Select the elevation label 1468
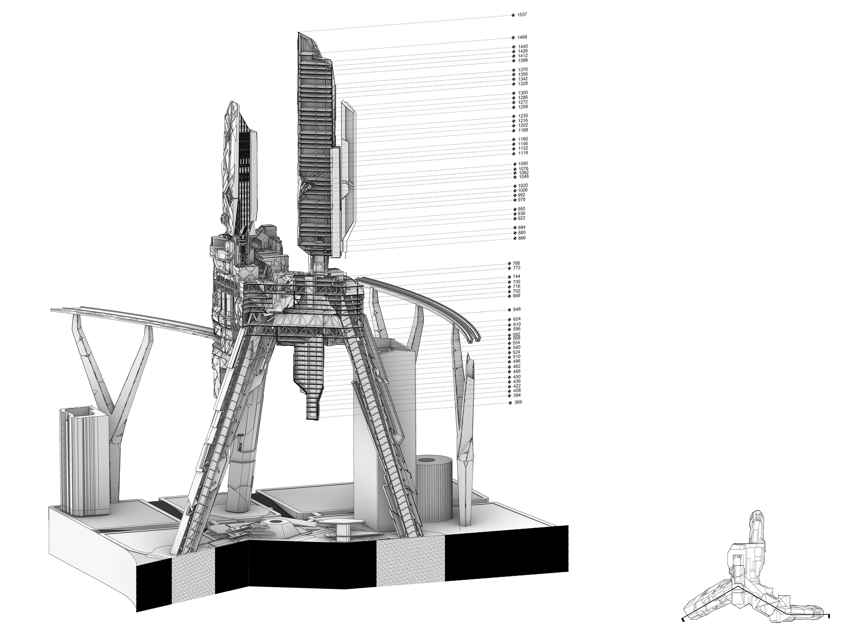tap(522, 37)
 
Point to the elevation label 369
tap(518, 402)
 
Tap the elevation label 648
tap(517, 309)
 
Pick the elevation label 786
tap(516, 263)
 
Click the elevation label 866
tap(522, 238)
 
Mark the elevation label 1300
tap(523, 93)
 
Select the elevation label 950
tap(522, 209)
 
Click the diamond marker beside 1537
tap(513, 15)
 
